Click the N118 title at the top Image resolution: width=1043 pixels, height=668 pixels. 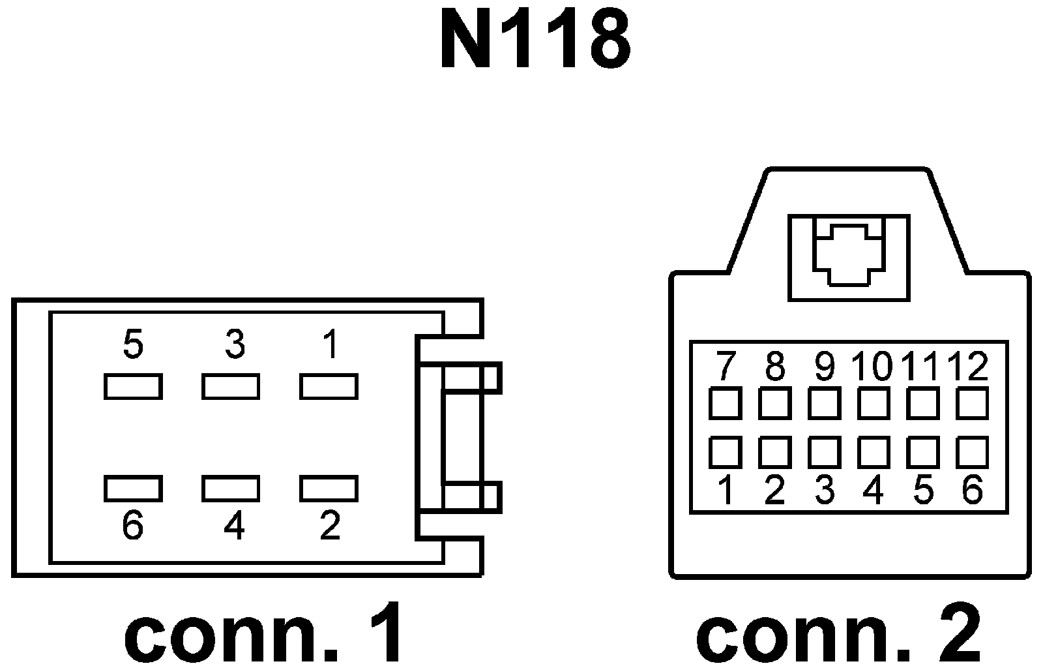point(535,41)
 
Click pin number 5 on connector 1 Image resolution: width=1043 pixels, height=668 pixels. point(132,344)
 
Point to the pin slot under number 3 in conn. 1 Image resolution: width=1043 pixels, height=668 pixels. point(231,386)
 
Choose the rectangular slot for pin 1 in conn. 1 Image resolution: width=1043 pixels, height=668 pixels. point(329,386)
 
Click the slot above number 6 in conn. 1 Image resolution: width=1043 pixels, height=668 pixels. point(133,488)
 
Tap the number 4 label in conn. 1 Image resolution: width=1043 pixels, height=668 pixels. point(233,526)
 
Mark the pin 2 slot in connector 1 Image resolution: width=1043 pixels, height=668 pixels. point(329,488)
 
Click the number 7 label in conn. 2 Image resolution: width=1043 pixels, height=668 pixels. point(724,367)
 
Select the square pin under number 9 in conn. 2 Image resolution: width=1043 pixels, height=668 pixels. point(825,403)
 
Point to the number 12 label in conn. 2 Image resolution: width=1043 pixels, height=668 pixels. point(969,367)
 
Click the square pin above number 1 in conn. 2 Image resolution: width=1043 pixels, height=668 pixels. point(726,452)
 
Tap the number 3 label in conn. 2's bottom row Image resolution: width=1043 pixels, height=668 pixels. point(825,490)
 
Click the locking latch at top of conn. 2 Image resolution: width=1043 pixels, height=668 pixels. point(848,256)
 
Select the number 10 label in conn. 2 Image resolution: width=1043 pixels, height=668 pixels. point(872,367)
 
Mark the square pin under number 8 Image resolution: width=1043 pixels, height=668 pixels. point(775,403)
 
